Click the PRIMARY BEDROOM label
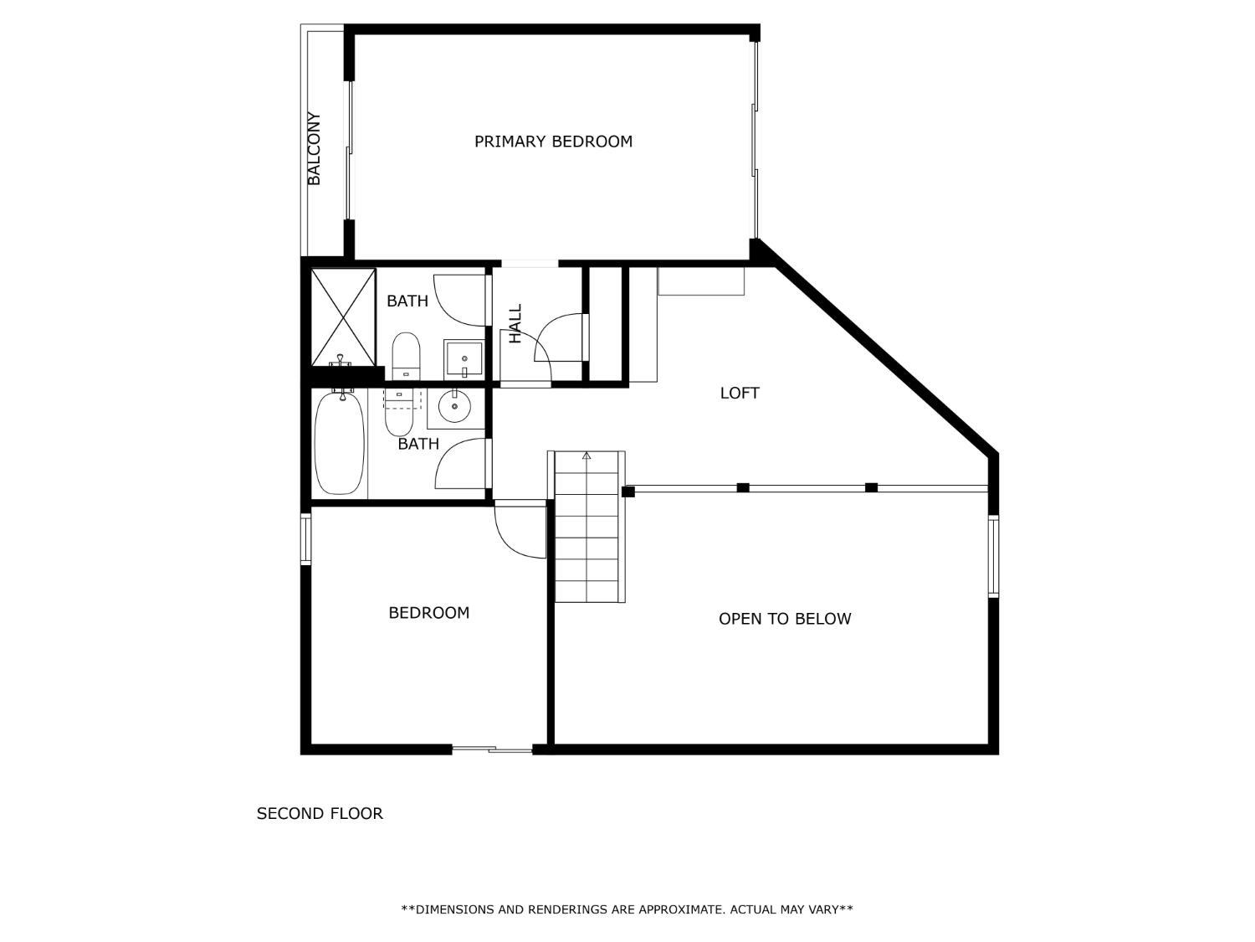tap(553, 142)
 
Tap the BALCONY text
tap(314, 149)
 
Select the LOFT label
tap(740, 393)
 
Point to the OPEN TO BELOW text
tap(785, 618)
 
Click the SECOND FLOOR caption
tap(320, 813)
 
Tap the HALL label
tap(515, 323)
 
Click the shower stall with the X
tap(343, 317)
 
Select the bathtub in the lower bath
tap(340, 442)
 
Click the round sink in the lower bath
tap(454, 405)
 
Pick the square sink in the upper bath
tap(464, 359)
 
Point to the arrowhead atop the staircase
tap(587, 456)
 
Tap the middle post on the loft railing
tap(743, 487)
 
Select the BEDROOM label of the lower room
tap(429, 613)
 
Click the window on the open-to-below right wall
tap(994, 556)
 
